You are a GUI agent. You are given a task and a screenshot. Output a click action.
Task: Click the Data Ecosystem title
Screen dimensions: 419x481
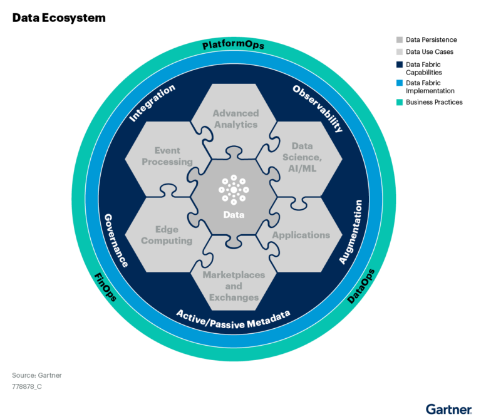(58, 18)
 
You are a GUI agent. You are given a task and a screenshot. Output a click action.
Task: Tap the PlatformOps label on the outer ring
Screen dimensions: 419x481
(233, 45)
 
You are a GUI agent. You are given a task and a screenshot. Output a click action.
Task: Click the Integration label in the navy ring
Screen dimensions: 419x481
(152, 103)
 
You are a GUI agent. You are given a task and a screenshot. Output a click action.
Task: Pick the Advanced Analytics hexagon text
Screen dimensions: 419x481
(235, 118)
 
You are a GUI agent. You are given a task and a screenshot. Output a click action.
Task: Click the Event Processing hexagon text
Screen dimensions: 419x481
(167, 156)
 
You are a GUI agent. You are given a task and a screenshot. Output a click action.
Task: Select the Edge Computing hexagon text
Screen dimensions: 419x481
(167, 235)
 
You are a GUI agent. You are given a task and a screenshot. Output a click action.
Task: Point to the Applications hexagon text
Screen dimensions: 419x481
(301, 235)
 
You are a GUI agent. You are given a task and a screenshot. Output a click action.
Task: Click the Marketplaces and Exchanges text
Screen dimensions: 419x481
(234, 286)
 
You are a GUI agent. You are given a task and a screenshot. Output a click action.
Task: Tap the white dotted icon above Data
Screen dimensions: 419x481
(234, 190)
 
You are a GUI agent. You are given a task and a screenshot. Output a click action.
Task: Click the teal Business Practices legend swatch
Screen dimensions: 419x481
(400, 101)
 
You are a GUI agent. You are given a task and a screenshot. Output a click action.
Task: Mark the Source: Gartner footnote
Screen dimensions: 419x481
(37, 375)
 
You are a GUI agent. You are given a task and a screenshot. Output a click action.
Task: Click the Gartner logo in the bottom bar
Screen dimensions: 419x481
(448, 409)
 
